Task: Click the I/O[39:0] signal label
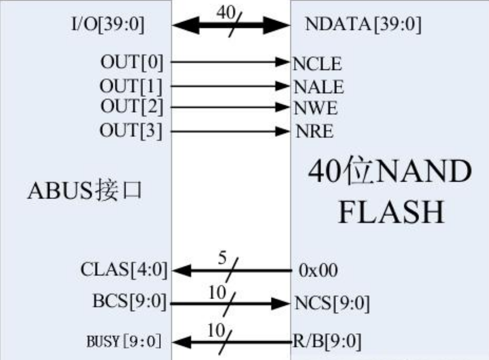click(x=108, y=24)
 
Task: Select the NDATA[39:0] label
click(x=363, y=24)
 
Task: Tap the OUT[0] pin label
click(x=132, y=62)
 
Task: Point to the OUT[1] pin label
click(x=131, y=86)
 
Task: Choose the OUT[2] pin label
click(x=132, y=107)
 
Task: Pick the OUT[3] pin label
click(x=131, y=130)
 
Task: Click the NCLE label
click(x=317, y=64)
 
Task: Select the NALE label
click(x=319, y=87)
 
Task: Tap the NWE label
click(x=316, y=108)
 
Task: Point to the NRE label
click(x=314, y=131)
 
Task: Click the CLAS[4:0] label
click(x=124, y=269)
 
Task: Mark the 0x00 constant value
click(x=318, y=270)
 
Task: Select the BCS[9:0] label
click(x=130, y=301)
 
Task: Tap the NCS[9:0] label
click(x=332, y=303)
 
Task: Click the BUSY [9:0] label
click(x=124, y=341)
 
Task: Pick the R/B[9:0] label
click(x=327, y=341)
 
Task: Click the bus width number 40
click(x=226, y=13)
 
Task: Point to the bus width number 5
click(x=222, y=258)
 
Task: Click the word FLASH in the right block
click(x=391, y=212)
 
